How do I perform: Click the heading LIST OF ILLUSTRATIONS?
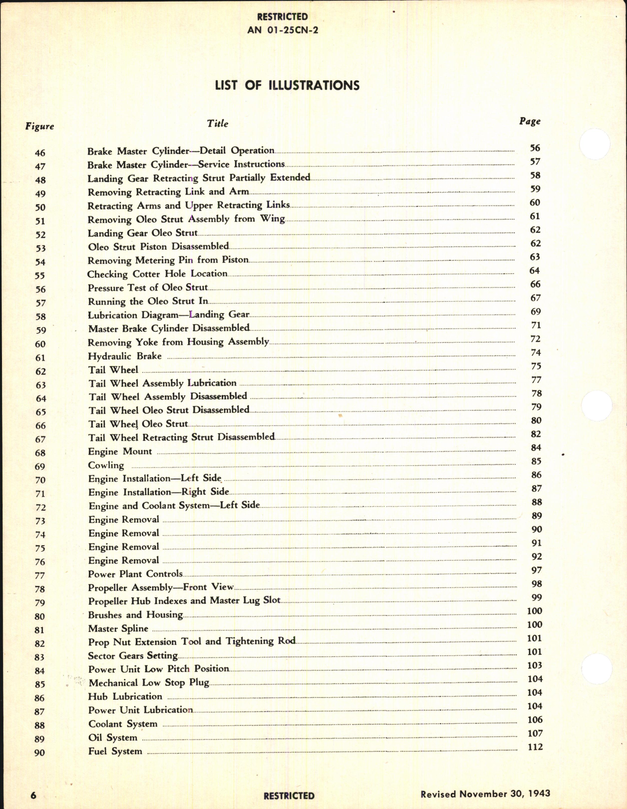(287, 85)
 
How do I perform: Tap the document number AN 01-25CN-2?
(283, 30)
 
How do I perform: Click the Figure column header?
(39, 126)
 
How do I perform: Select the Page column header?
(530, 121)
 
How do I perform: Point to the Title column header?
(218, 124)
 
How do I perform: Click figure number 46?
(40, 153)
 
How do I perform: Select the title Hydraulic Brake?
(125, 356)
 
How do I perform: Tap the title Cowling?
(106, 465)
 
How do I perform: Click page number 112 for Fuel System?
(535, 747)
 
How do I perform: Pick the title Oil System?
(112, 737)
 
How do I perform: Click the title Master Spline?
(118, 628)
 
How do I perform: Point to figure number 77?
(39, 576)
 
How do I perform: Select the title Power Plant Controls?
(135, 574)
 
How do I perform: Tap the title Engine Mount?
(120, 451)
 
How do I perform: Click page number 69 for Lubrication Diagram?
(535, 312)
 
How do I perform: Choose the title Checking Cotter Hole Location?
(157, 274)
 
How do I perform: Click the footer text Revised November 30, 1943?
(485, 794)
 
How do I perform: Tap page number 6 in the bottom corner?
(33, 795)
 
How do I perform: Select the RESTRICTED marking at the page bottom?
(289, 796)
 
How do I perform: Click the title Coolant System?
(123, 724)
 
